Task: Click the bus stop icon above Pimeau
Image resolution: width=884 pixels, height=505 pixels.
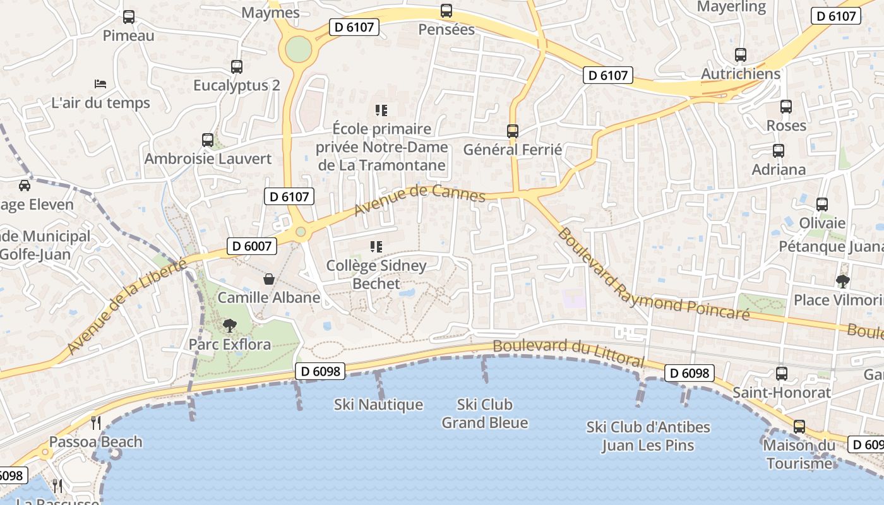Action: point(129,17)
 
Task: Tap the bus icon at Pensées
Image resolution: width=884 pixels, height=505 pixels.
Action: point(446,11)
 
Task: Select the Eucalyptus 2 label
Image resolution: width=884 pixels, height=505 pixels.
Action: point(236,85)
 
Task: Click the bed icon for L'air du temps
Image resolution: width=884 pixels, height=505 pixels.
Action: point(100,83)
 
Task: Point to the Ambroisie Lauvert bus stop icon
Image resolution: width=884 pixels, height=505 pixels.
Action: point(208,140)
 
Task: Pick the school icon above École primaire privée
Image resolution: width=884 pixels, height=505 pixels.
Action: point(381,110)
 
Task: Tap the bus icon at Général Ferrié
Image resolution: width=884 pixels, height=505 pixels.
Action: point(513,131)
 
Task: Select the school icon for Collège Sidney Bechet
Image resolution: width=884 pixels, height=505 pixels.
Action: point(376,247)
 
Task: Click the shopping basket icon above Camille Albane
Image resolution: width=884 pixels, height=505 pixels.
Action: point(269,279)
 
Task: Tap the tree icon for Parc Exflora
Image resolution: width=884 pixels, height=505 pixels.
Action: point(230,326)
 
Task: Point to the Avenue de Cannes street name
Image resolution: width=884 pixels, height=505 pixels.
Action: point(419,199)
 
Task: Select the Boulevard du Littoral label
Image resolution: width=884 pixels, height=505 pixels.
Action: point(568,353)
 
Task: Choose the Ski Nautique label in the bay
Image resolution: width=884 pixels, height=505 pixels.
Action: point(378,405)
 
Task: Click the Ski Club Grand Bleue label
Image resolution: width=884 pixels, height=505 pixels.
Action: point(484,413)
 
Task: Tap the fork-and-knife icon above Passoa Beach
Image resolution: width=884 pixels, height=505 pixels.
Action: point(96,422)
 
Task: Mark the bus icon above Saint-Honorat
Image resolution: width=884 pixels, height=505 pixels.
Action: point(782,374)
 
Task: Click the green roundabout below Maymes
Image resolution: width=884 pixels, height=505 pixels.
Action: point(298,49)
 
